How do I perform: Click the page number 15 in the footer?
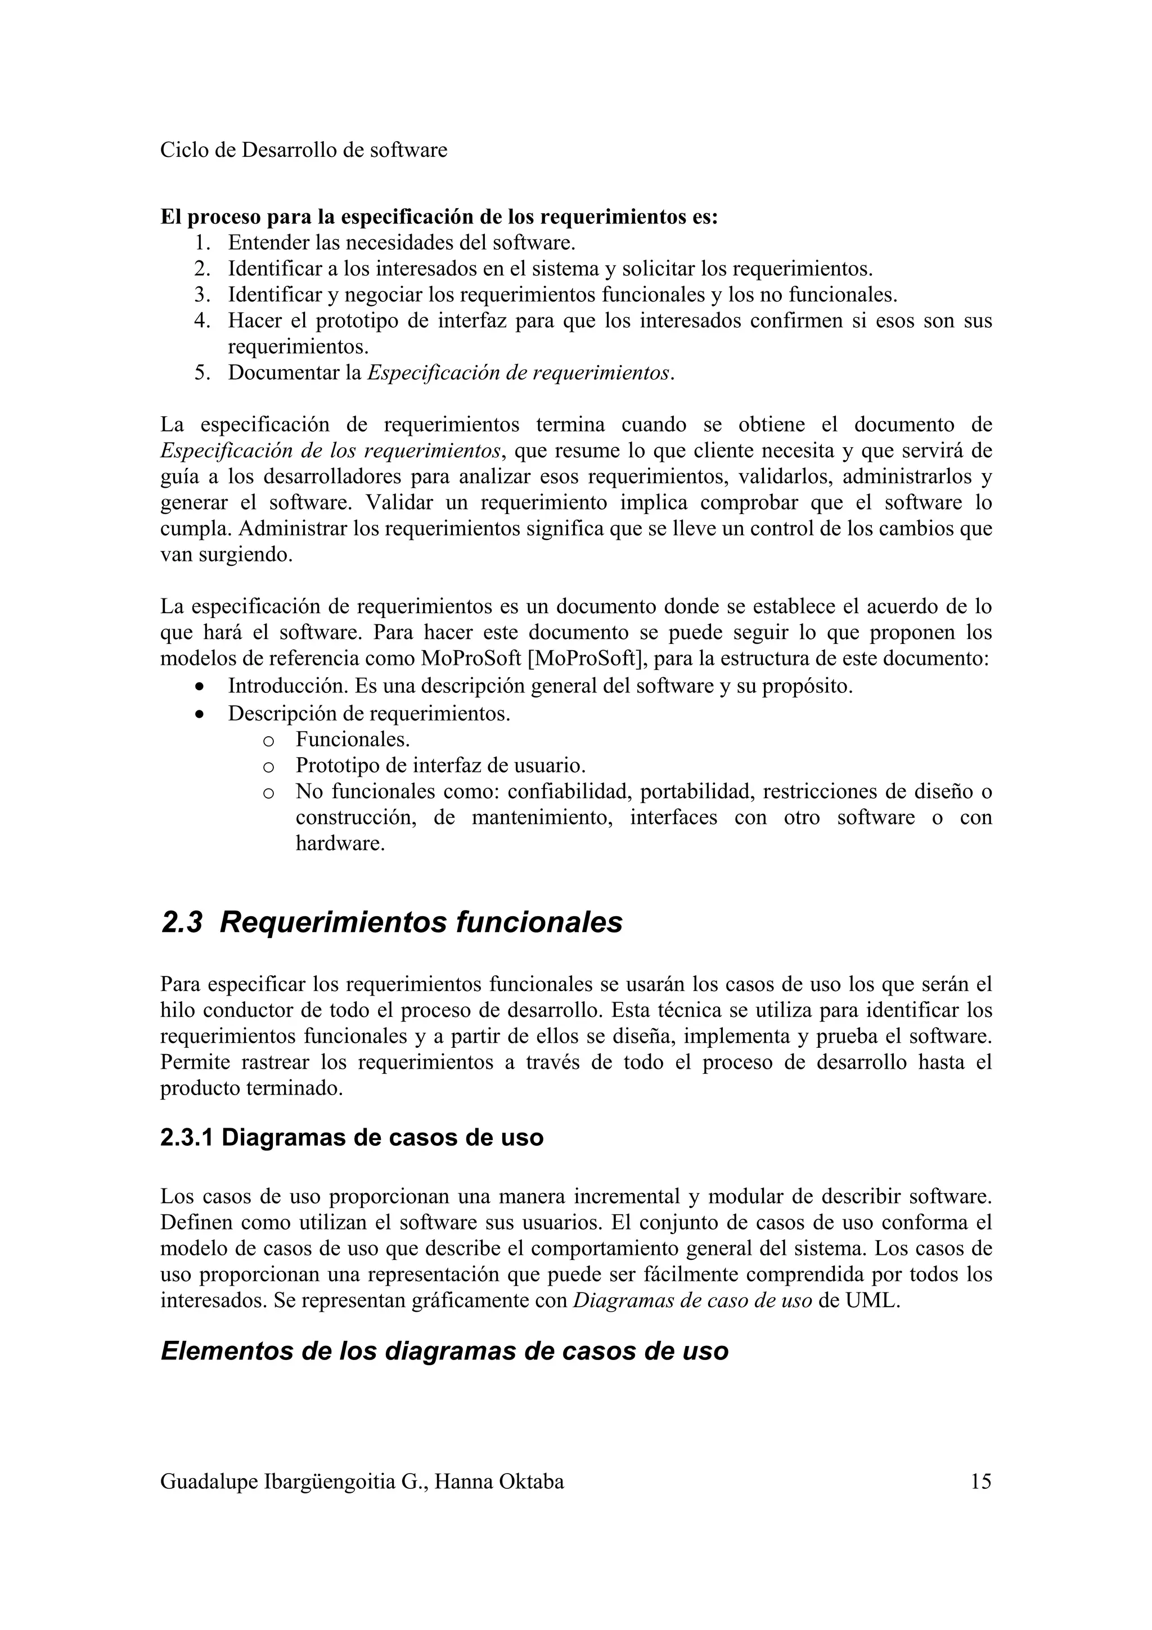(980, 1482)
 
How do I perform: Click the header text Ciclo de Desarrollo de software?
(303, 150)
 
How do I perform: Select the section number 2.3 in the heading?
(182, 922)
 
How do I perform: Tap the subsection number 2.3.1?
(187, 1137)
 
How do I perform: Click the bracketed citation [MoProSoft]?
(587, 658)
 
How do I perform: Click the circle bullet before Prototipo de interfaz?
(268, 767)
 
